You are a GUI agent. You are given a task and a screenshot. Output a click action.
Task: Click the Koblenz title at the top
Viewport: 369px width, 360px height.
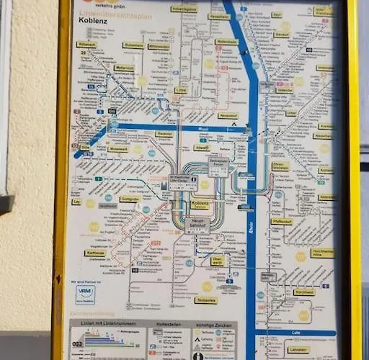[94, 21]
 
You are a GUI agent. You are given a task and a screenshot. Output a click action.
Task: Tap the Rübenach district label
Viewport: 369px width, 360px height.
[86, 45]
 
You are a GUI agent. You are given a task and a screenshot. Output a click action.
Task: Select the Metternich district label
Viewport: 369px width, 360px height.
[123, 68]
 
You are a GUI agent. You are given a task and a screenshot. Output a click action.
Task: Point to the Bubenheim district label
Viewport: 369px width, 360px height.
[133, 45]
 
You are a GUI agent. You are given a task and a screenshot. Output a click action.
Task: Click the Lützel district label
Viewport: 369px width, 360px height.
[181, 90]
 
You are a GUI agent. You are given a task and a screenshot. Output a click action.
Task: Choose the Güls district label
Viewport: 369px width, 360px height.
[85, 147]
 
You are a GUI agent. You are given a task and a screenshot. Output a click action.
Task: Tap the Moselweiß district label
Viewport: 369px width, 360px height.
[119, 149]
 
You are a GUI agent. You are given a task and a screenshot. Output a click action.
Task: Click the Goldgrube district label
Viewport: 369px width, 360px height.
[130, 198]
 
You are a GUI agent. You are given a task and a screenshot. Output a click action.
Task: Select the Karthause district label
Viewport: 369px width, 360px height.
[95, 253]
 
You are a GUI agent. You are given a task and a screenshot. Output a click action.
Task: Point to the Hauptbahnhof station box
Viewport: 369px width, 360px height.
[197, 225]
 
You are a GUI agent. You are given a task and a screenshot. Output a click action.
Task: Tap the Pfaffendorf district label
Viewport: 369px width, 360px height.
[282, 222]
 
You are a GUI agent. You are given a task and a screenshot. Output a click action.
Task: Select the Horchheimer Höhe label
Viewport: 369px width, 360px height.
[322, 253]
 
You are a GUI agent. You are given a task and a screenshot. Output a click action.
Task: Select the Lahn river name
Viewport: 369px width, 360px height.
[316, 333]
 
